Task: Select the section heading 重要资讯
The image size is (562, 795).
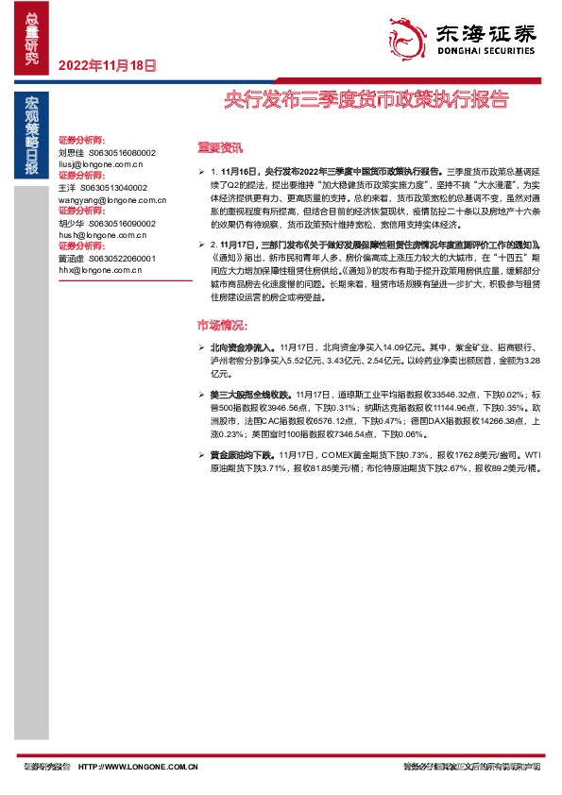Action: point(219,146)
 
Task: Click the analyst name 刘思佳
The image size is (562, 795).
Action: point(72,151)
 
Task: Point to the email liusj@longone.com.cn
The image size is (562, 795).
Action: point(99,162)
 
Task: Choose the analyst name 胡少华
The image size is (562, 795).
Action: point(72,223)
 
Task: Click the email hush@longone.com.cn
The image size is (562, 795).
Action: point(99,235)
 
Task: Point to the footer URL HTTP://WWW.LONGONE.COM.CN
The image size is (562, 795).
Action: point(139,768)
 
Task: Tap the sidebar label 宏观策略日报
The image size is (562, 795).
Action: point(32,136)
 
